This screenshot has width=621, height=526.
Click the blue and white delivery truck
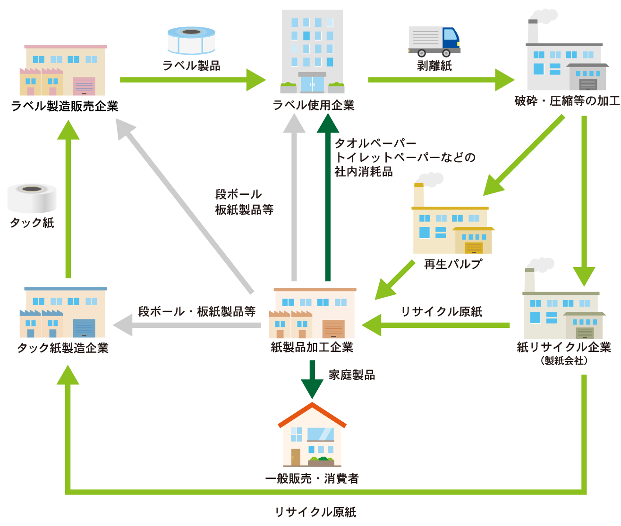434,42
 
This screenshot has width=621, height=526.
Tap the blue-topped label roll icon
191,41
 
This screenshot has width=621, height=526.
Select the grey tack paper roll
32,198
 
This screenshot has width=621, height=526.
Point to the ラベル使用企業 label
314,105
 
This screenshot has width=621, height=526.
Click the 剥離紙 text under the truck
434,66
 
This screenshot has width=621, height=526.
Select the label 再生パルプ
453,264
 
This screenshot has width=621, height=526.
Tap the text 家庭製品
351,375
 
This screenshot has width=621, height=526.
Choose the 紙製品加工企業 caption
312,347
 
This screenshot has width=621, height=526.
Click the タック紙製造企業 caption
63,348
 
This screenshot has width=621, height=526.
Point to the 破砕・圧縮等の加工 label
567,101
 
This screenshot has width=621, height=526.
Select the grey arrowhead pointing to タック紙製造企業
123,325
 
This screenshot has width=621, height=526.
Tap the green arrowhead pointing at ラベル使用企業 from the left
256,80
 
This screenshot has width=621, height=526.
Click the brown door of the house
296,457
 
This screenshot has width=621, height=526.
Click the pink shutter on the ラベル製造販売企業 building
84,86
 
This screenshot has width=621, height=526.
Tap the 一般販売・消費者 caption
312,479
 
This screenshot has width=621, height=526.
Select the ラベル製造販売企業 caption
65,106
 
